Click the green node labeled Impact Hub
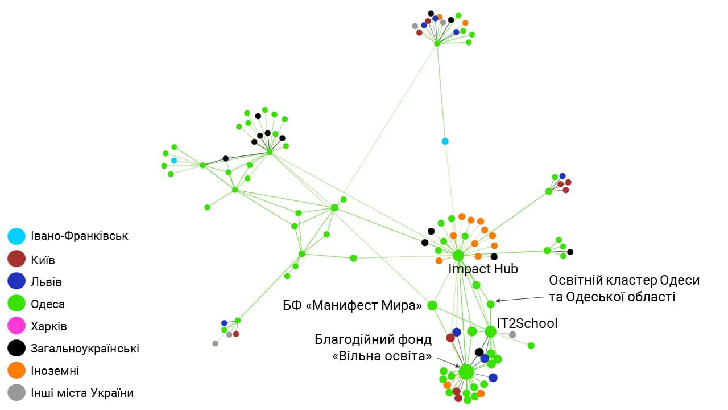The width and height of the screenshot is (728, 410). point(458,256)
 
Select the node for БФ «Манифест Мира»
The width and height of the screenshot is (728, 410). point(432,305)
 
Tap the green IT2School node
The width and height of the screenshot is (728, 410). point(490,332)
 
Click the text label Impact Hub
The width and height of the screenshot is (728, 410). point(483,269)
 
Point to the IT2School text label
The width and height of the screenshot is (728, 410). point(527,323)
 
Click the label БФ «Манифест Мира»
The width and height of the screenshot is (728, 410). point(352,306)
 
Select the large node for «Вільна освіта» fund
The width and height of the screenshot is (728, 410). point(466,372)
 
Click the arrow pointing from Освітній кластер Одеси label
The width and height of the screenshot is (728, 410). point(519,299)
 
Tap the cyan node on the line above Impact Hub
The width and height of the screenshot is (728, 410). point(445,141)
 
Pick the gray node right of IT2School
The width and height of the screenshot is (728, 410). point(512,334)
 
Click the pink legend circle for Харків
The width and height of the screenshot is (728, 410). point(16,326)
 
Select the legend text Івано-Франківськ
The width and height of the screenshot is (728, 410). point(80,236)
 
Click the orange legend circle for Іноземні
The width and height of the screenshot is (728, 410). point(16,370)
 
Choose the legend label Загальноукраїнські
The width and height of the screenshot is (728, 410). point(85,348)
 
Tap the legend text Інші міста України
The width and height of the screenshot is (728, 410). point(82,393)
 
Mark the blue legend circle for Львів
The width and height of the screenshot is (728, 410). point(16,281)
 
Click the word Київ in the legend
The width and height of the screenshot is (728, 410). point(43,260)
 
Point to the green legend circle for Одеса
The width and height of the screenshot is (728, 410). point(16,304)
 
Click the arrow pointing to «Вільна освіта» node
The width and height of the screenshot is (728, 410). point(449,363)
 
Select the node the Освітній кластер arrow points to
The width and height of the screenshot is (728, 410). point(490,304)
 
